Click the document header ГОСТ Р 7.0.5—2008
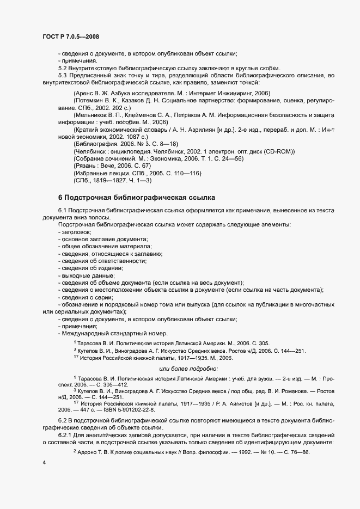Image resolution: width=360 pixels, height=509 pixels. coord(70,36)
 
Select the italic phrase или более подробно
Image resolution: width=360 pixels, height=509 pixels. coord(187,369)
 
